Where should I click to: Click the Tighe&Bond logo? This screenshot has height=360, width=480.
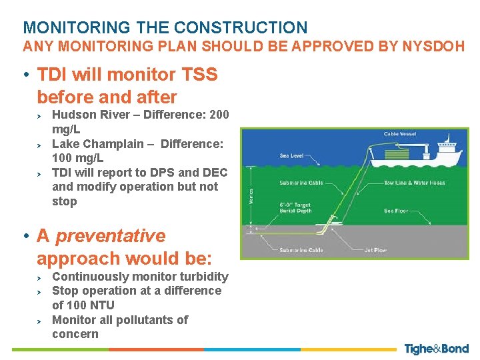[x=436, y=349]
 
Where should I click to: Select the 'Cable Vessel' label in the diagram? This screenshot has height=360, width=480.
[x=399, y=134]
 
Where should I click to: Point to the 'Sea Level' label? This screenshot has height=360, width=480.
[x=291, y=156]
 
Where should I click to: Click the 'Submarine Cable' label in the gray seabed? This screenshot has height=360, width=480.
[x=301, y=251]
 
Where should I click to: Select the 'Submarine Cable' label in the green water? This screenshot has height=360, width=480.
[x=301, y=183]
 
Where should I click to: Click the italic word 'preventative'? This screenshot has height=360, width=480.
[x=110, y=236]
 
